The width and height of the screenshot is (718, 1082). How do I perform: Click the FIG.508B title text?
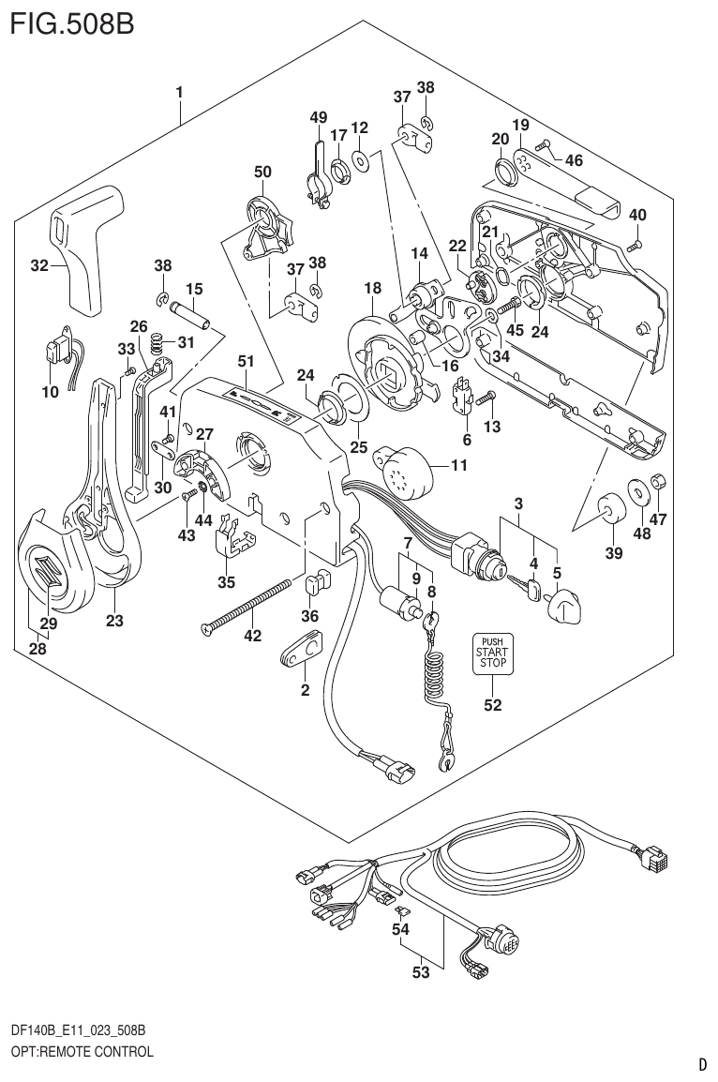71,23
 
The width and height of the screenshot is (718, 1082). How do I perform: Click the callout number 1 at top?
178,92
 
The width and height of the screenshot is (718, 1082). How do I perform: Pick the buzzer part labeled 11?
409,467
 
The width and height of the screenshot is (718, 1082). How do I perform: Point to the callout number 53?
421,972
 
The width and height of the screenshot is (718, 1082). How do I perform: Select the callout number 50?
262,172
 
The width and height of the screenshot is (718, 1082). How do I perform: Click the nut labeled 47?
658,482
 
